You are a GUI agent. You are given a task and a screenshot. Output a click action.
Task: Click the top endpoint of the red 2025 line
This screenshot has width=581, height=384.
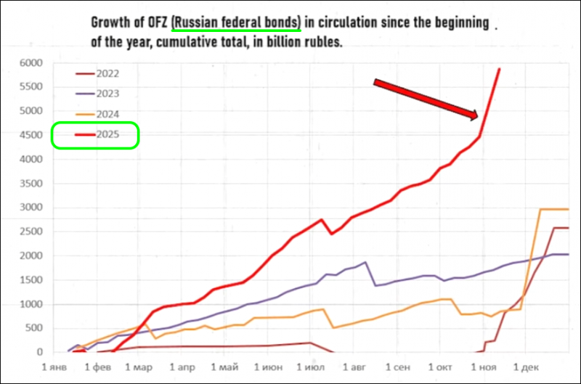coord(499,69)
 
